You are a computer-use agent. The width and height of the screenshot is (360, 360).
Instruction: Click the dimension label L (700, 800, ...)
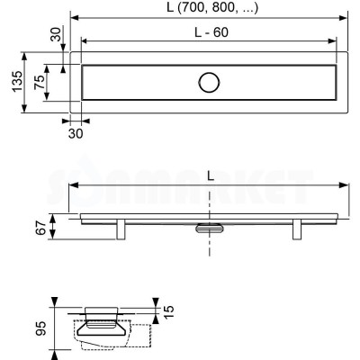pos(212,8)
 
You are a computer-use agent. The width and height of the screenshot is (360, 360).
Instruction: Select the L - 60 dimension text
pos(211,32)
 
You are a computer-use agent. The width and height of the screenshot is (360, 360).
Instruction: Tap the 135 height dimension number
pos(17,82)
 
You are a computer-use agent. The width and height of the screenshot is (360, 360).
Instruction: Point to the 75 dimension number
pos(39,82)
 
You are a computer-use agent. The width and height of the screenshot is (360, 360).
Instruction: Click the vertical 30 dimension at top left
pos(56,34)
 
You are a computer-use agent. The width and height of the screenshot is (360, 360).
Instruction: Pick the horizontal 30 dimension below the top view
pos(76,133)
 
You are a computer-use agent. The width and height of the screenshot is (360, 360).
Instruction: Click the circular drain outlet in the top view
pos(209,82)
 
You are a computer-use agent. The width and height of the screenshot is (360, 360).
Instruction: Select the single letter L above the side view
pos(211,177)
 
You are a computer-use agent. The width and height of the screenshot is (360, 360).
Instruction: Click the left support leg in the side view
pos(121,229)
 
